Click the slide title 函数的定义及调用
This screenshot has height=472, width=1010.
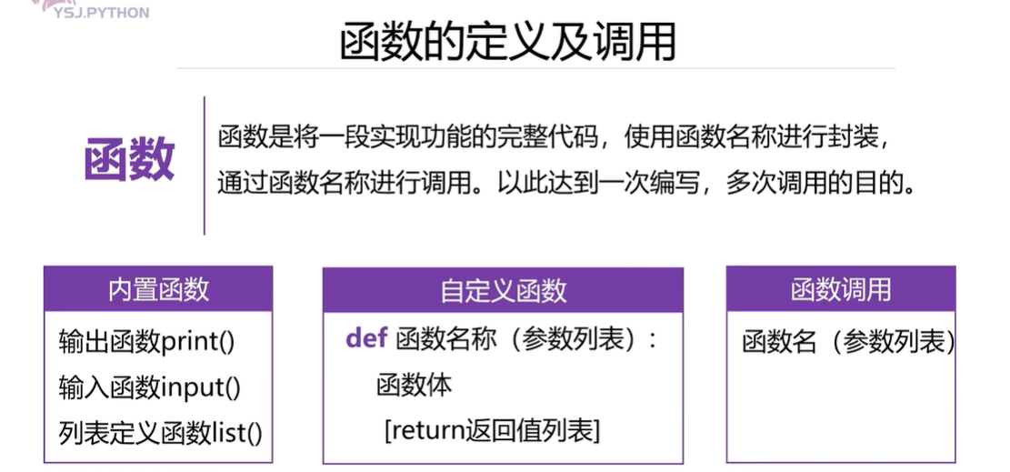507,42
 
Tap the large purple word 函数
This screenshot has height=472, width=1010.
128,161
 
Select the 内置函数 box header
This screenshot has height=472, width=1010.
158,289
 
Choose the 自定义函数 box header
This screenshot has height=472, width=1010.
503,290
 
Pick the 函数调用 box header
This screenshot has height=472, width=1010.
840,289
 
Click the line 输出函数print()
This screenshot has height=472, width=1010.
146,343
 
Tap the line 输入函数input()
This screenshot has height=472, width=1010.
150,387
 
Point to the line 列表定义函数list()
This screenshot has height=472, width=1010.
160,432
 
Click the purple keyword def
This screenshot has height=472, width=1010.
366,339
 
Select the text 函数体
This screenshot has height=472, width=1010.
414,385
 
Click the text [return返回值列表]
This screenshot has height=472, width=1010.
492,430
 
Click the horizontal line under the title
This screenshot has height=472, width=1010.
536,68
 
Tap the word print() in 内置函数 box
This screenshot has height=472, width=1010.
198,343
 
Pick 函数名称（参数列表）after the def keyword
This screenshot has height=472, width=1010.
525,339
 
